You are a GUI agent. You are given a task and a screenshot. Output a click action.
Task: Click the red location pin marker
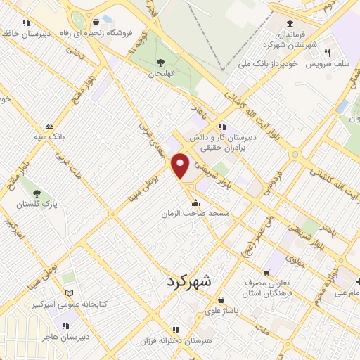(x=181, y=165)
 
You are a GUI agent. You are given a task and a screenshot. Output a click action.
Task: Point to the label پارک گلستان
(x=37, y=203)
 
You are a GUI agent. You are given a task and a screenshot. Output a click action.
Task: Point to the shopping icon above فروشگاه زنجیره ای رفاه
(x=96, y=22)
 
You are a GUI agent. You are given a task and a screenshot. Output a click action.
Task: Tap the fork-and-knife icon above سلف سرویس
(x=327, y=53)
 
